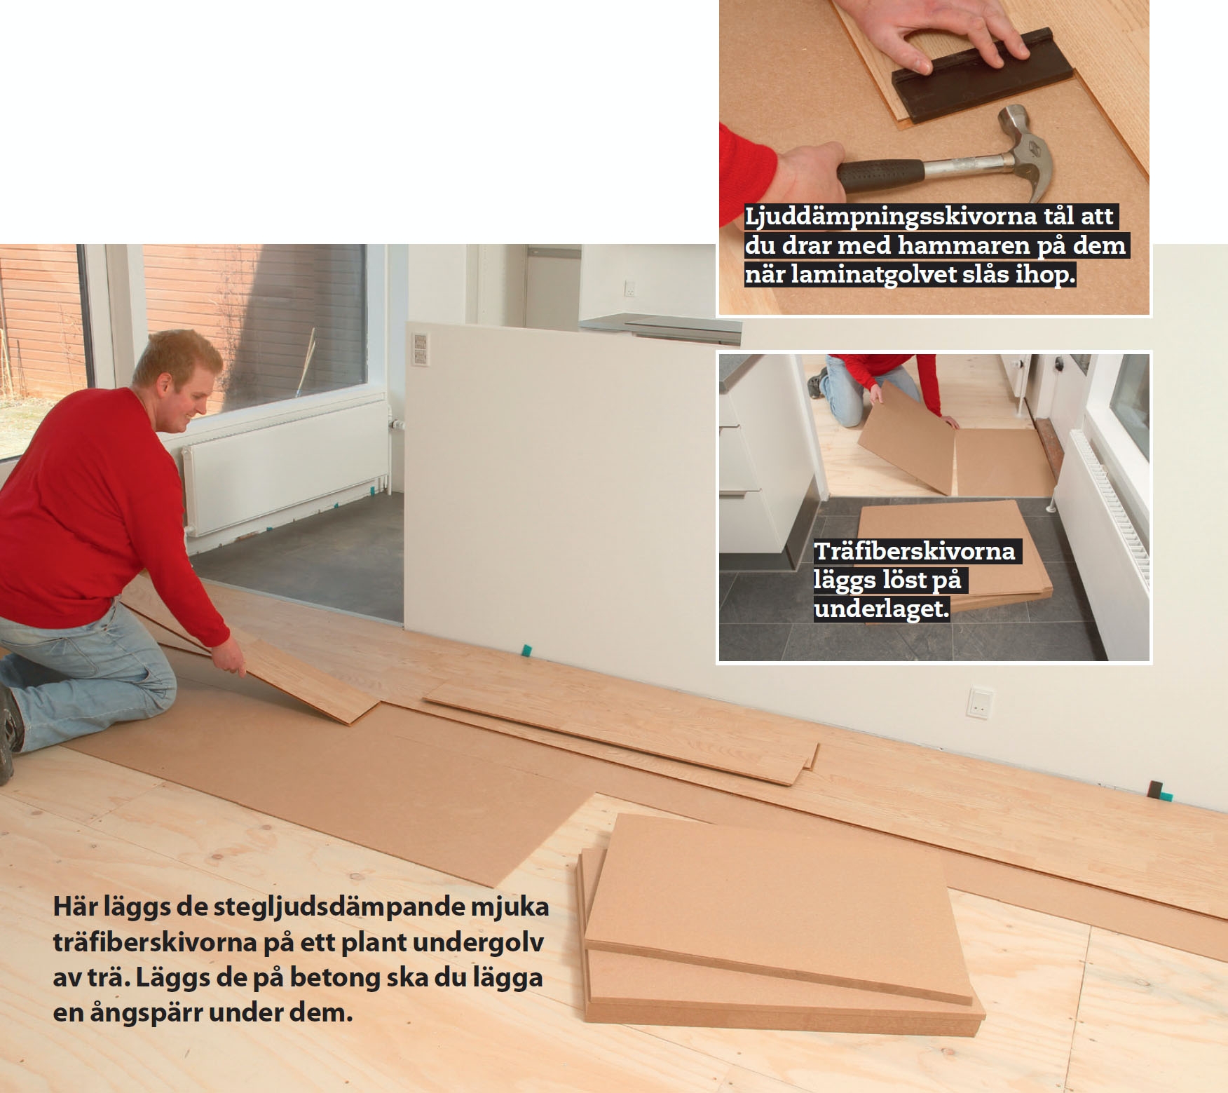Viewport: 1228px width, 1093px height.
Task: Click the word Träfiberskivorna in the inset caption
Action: click(914, 551)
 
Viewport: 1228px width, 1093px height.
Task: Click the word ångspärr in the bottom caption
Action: click(146, 1013)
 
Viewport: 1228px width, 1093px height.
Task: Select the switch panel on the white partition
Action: click(419, 349)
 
